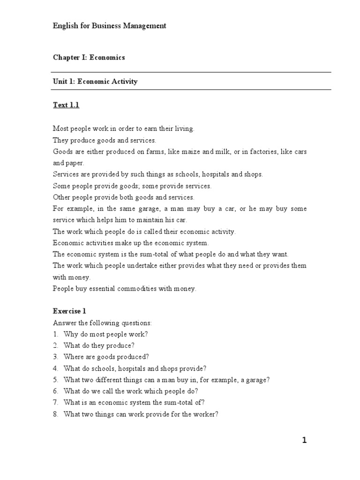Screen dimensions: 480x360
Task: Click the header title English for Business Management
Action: (109, 26)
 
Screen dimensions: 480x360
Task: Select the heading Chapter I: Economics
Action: (89, 57)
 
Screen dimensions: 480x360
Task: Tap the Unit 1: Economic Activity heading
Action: (95, 82)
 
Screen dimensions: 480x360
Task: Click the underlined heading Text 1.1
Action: (66, 105)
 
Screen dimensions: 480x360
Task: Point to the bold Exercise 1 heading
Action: (69, 311)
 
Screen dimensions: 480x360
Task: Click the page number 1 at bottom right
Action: (304, 440)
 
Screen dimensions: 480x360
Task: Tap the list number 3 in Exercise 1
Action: (55, 357)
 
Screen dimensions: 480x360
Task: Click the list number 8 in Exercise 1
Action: (55, 414)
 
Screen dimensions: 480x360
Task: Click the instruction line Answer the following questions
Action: (103, 322)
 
